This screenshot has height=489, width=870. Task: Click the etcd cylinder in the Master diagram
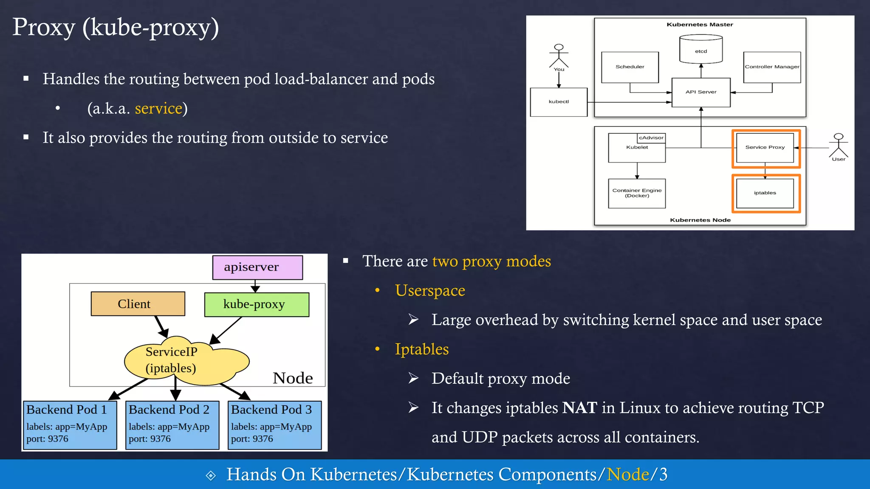click(701, 50)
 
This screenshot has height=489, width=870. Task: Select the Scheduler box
click(630, 67)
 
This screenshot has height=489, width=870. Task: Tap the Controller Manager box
click(772, 67)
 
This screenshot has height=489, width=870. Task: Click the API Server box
click(701, 92)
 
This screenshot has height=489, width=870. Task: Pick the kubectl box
click(559, 102)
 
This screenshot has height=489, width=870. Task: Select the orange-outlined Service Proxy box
click(765, 148)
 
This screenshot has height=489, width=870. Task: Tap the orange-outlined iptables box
click(765, 193)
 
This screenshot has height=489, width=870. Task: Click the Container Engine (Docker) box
click(637, 193)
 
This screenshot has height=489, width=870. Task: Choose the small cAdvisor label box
click(651, 138)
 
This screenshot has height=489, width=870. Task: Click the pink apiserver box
click(257, 267)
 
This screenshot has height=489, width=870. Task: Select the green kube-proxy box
click(257, 304)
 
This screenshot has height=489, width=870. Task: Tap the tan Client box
click(138, 304)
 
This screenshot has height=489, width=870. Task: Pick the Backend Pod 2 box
click(172, 424)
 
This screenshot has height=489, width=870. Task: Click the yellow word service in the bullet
click(158, 109)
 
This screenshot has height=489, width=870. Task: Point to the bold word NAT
click(580, 408)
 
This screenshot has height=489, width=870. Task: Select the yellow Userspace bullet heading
click(430, 291)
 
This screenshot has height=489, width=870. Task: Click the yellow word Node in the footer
click(628, 475)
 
